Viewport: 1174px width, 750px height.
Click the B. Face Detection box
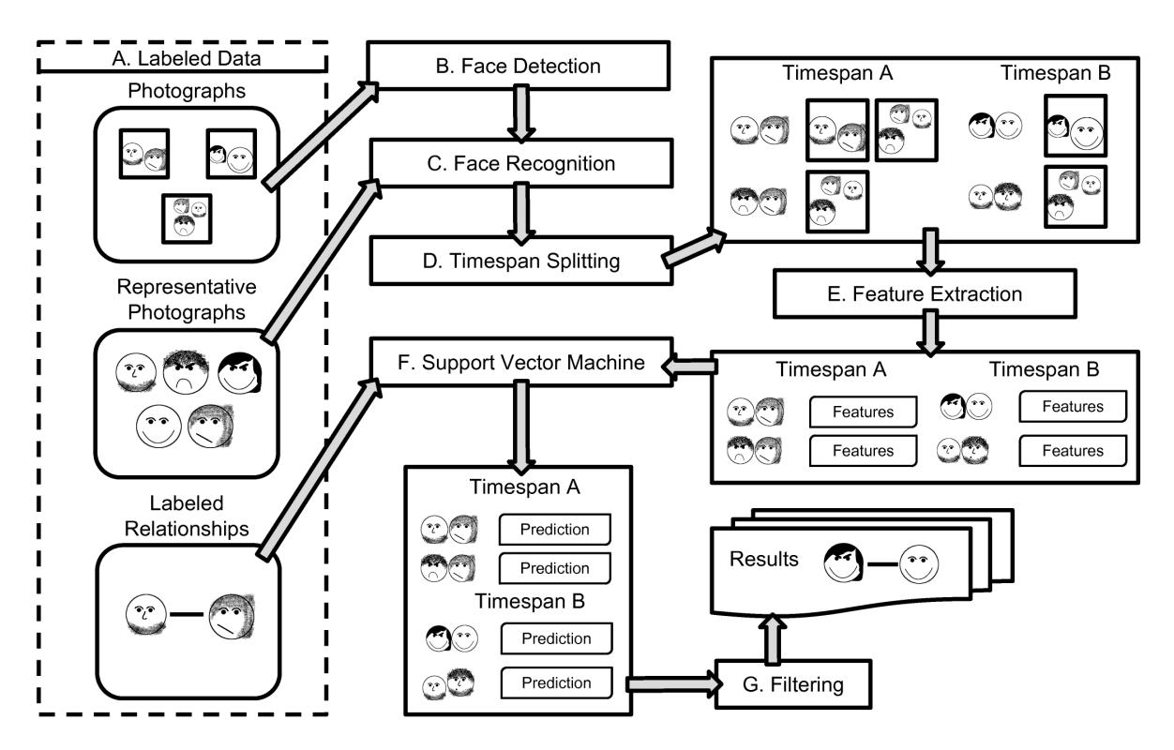click(520, 67)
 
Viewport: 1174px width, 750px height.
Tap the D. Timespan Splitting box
click(520, 262)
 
